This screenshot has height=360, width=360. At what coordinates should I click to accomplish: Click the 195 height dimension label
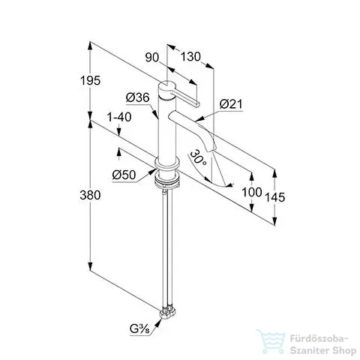[x=90, y=80]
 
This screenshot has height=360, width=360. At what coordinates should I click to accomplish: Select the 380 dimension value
[x=90, y=195]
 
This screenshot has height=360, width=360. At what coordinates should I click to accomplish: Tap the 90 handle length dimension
[x=152, y=58]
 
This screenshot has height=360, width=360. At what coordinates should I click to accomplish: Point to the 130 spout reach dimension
[x=190, y=57]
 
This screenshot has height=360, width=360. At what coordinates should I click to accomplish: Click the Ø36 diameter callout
[x=138, y=97]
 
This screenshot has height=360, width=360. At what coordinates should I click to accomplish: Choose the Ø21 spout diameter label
[x=231, y=104]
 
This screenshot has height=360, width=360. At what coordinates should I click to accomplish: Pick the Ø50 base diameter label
[x=124, y=175]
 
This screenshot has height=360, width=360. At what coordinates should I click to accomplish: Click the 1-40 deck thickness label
[x=119, y=117]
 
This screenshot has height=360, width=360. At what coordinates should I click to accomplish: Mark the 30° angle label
[x=198, y=158]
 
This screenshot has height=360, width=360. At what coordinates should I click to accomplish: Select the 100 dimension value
[x=252, y=192]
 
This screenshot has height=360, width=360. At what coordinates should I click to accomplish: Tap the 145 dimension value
[x=274, y=197]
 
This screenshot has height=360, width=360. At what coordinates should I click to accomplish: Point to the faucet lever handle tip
[x=197, y=105]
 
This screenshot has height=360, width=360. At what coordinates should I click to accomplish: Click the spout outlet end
[x=211, y=149]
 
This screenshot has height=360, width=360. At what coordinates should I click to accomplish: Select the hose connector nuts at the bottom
[x=168, y=313]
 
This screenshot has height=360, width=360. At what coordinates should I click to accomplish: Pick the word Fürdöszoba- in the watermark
[x=319, y=340]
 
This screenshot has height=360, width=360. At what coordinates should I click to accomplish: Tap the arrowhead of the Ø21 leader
[x=199, y=119]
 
